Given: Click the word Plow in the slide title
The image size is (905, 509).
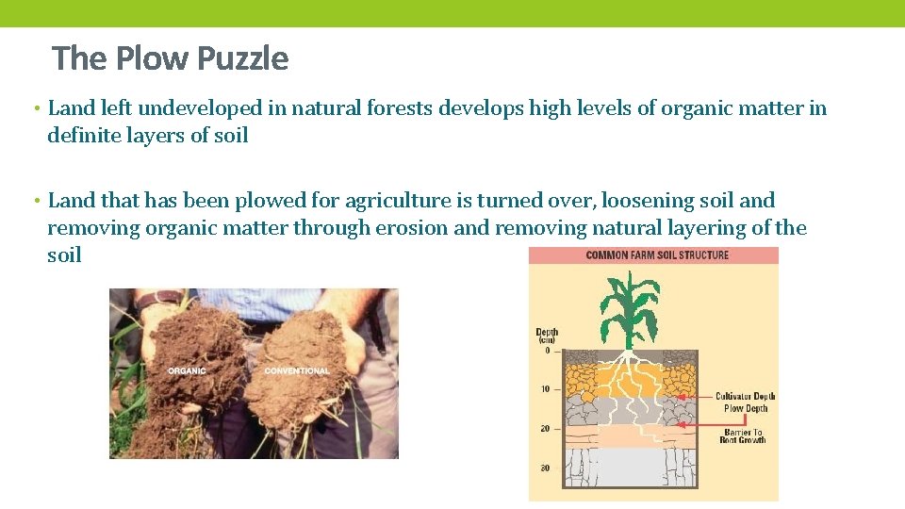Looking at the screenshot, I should [x=148, y=58].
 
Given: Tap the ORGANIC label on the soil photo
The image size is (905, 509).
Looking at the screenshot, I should [x=187, y=370].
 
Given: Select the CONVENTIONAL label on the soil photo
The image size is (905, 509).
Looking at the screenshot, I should [x=297, y=370].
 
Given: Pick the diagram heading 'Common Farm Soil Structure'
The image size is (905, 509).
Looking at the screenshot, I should [x=657, y=255].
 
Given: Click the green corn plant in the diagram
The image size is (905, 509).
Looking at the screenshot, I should [x=629, y=310].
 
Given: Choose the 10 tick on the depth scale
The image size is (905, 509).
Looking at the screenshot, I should [x=544, y=389].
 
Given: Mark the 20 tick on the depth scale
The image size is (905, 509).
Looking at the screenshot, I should [x=544, y=428].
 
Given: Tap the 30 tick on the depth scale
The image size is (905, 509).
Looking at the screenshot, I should [x=544, y=468].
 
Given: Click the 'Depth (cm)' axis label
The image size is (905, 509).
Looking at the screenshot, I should [x=547, y=336].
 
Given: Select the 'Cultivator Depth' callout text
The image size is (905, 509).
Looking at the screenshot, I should [x=745, y=397].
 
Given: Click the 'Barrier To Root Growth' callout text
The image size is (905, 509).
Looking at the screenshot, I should [x=743, y=435].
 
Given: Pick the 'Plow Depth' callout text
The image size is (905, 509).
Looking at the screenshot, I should [x=745, y=408].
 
